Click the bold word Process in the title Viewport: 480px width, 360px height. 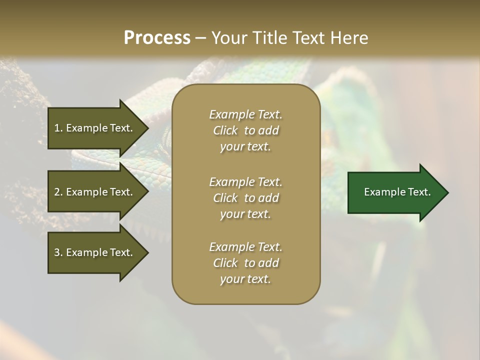click(x=157, y=37)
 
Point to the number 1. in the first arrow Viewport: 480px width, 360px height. click(x=58, y=128)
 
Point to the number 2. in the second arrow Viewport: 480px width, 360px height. click(x=58, y=192)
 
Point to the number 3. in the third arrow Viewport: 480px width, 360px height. click(x=58, y=252)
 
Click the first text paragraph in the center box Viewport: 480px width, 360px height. click(x=245, y=130)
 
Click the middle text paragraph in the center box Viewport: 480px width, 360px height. click(x=245, y=197)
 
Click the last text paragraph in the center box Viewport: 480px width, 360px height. click(x=245, y=263)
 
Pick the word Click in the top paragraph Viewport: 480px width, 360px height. click(x=225, y=130)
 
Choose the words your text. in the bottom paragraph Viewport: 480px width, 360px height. click(x=245, y=279)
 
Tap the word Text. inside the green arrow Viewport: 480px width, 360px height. click(x=418, y=192)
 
